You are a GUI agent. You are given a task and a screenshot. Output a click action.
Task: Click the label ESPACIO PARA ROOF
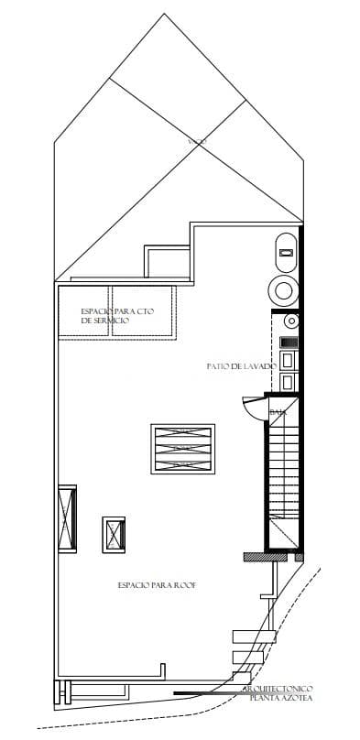(157, 584)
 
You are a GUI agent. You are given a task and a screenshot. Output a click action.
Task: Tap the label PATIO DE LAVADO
(241, 366)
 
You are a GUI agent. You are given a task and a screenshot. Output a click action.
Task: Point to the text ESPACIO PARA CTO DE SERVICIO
(116, 316)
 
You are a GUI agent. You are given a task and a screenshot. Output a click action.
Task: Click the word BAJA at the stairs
(278, 413)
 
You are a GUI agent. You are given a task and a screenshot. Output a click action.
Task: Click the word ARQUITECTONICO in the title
(278, 689)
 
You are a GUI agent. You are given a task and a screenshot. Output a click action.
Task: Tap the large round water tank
(284, 291)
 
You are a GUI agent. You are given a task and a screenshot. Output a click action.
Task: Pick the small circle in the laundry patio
(290, 321)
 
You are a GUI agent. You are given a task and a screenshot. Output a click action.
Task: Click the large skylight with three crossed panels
(182, 448)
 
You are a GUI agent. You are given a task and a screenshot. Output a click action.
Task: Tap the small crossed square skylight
(114, 533)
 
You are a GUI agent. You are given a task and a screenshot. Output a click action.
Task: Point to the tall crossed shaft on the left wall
(67, 517)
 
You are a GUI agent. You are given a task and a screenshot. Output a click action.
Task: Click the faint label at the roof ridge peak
(196, 141)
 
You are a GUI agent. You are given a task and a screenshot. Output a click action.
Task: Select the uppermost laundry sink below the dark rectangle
(289, 361)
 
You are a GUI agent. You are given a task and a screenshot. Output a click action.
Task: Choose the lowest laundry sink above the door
(289, 382)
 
